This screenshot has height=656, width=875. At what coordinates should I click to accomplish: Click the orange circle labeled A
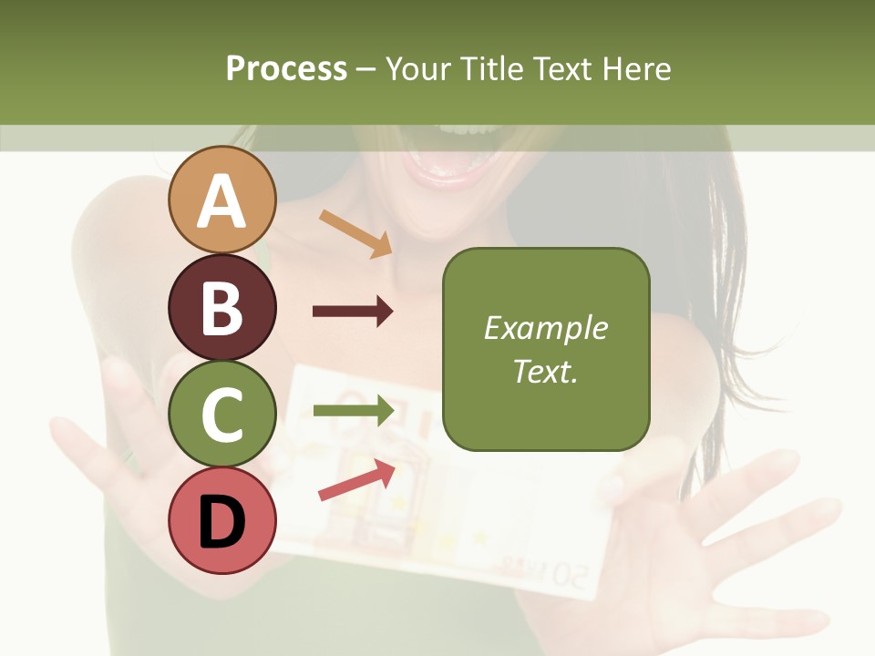(222, 200)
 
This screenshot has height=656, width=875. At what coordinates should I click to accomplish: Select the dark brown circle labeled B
(222, 307)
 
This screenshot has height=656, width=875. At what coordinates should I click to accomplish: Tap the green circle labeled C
(222, 414)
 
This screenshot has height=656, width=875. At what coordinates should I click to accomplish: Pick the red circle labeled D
(222, 520)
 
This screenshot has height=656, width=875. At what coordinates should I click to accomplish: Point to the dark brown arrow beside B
(353, 312)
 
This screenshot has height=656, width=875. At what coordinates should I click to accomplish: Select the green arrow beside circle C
(353, 410)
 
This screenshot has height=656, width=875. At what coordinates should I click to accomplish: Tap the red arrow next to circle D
(356, 480)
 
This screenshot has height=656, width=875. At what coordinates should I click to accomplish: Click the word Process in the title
(286, 68)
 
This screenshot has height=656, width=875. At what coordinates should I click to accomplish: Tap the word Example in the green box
(545, 328)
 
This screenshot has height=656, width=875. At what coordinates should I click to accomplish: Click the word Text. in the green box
(545, 371)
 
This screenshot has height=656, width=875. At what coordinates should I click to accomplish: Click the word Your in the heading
(419, 68)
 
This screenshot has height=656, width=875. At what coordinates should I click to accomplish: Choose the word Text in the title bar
(563, 68)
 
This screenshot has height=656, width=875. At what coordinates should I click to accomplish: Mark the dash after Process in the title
(366, 69)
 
